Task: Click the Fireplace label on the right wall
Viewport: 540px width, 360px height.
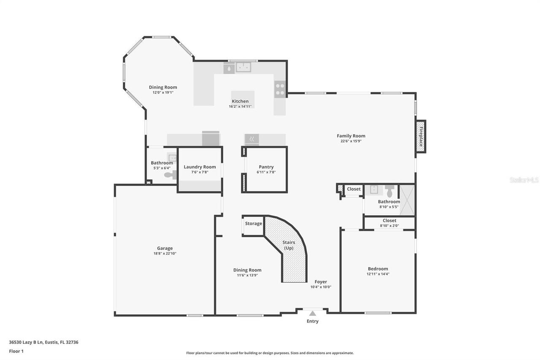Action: [x=421, y=136]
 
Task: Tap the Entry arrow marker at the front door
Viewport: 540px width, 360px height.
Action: [x=312, y=313]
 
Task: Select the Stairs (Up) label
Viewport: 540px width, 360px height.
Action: [x=289, y=245]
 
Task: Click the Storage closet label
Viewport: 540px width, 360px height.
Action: [x=254, y=224]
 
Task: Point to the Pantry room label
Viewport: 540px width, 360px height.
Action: [x=266, y=167]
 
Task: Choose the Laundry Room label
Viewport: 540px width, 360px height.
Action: [x=200, y=167]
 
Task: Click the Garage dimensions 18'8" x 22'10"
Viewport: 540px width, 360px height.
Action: [x=165, y=254]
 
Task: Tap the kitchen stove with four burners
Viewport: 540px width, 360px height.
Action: [x=280, y=89]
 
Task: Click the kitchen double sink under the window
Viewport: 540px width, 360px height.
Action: [x=243, y=67]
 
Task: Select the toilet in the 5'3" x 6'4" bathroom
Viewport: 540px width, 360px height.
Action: [x=169, y=175]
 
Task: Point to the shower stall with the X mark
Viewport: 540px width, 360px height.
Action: [x=407, y=200]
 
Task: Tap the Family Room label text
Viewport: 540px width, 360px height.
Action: [x=351, y=136]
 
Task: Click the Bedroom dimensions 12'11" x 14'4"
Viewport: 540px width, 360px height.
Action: [x=378, y=274]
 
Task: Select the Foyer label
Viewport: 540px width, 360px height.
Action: [x=321, y=282]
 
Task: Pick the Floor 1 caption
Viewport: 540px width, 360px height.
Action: [x=16, y=351]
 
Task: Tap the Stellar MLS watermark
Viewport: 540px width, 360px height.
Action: [x=524, y=180]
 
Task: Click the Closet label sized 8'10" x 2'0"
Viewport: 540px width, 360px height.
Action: [x=389, y=221]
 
